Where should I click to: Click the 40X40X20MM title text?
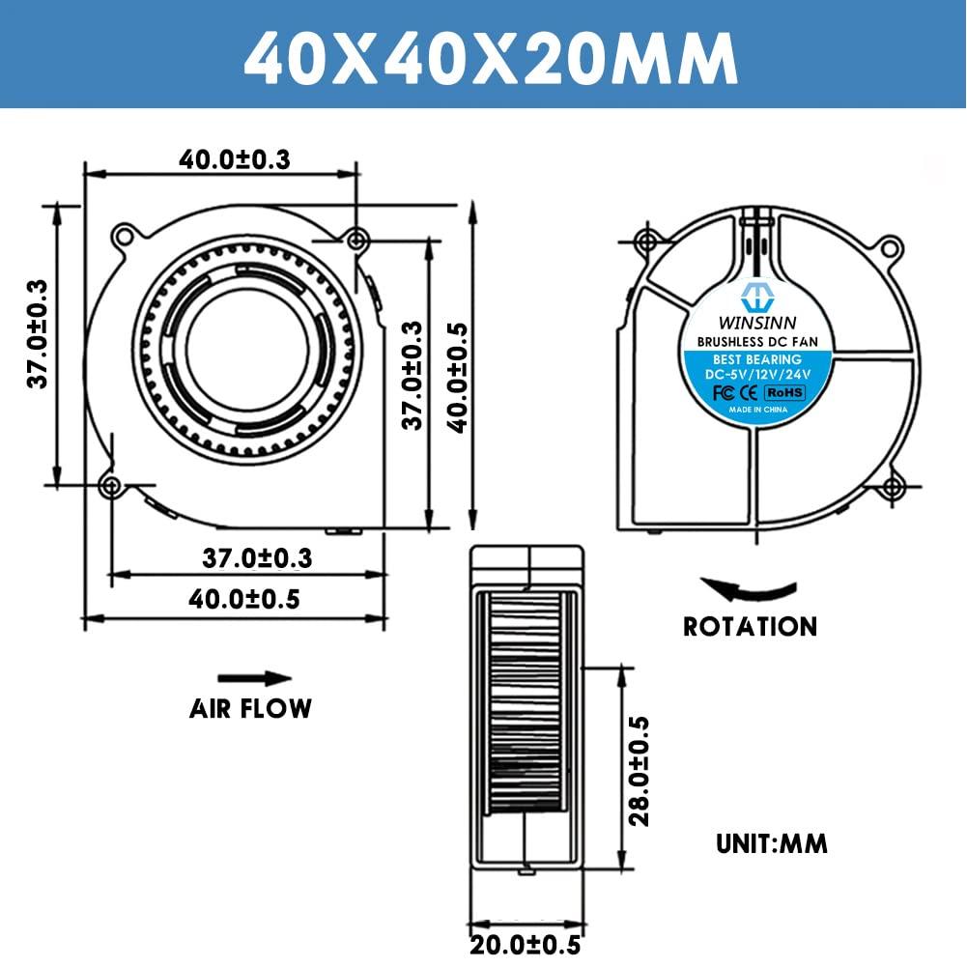pyautogui.click(x=483, y=54)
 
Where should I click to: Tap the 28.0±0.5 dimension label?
pyautogui.click(x=639, y=770)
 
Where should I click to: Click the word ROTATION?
pyautogui.click(x=750, y=627)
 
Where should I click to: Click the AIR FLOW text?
pyautogui.click(x=250, y=708)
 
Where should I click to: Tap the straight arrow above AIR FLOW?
pyautogui.click(x=254, y=678)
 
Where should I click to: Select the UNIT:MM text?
pyautogui.click(x=772, y=843)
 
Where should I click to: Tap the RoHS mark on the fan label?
pyautogui.click(x=784, y=393)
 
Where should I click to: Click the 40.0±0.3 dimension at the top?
pyautogui.click(x=234, y=160)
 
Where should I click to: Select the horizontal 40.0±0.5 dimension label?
pyautogui.click(x=243, y=599)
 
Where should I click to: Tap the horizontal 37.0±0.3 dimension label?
pyautogui.click(x=257, y=557)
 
